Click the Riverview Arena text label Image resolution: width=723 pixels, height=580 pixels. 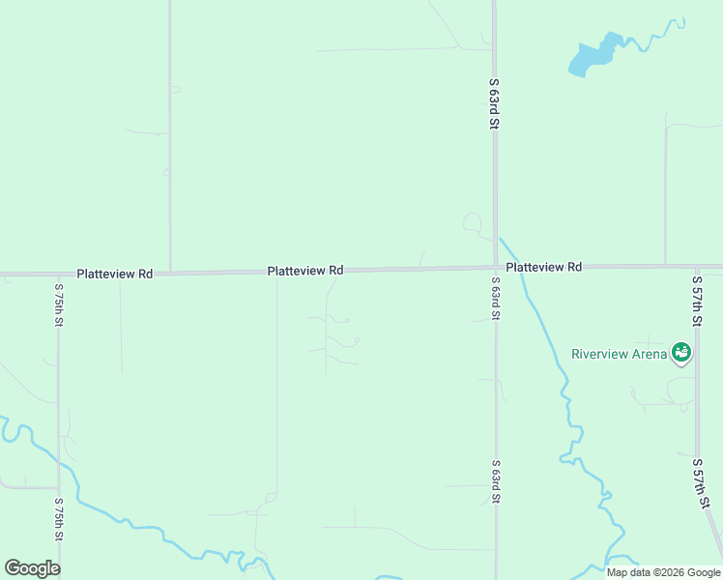pyautogui.click(x=619, y=354)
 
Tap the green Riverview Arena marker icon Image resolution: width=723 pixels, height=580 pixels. pyautogui.click(x=681, y=353)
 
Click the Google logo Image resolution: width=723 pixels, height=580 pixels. pyautogui.click(x=32, y=568)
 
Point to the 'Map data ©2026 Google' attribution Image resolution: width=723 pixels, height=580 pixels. pyautogui.click(x=663, y=572)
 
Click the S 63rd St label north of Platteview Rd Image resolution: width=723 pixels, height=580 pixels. pyautogui.click(x=494, y=104)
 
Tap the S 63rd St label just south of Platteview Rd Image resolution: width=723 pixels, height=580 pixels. pyautogui.click(x=495, y=302)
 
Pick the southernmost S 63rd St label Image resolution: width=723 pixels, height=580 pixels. pyautogui.click(x=495, y=481)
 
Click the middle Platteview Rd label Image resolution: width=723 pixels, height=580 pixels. pyautogui.click(x=305, y=272)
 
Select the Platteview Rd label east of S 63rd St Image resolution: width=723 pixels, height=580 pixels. pyautogui.click(x=543, y=266)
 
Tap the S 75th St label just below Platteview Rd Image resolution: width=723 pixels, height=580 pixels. pyautogui.click(x=58, y=304)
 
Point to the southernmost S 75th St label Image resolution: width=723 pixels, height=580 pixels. pyautogui.click(x=58, y=522)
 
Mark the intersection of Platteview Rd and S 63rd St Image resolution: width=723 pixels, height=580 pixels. pyautogui.click(x=495, y=268)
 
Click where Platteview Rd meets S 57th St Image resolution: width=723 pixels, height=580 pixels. pyautogui.click(x=696, y=266)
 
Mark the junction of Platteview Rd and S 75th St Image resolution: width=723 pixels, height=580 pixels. pyautogui.click(x=58, y=275)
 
